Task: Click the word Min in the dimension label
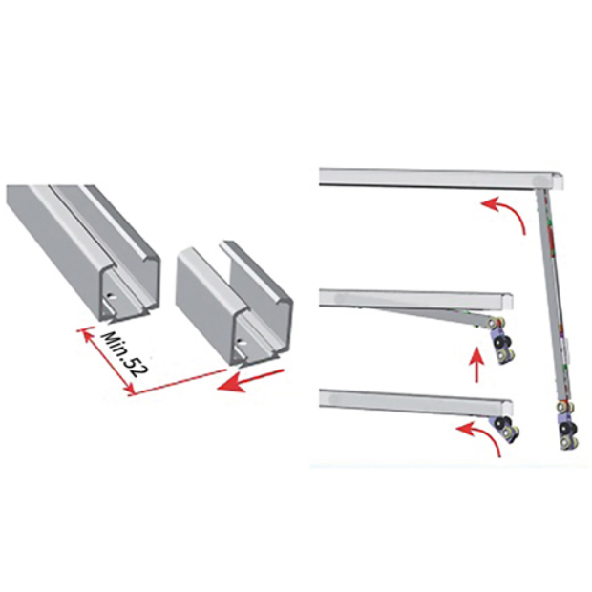tap(115, 346)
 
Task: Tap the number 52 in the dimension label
tap(136, 366)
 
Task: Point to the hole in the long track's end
tap(110, 296)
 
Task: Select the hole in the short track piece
tap(241, 343)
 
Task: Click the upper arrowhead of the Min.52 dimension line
tap(84, 333)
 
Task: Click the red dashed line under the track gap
tap(178, 382)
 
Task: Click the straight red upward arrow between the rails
tap(477, 365)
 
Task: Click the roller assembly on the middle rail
tap(501, 339)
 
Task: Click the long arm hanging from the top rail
tap(553, 294)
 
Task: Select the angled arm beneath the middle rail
tap(427, 314)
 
